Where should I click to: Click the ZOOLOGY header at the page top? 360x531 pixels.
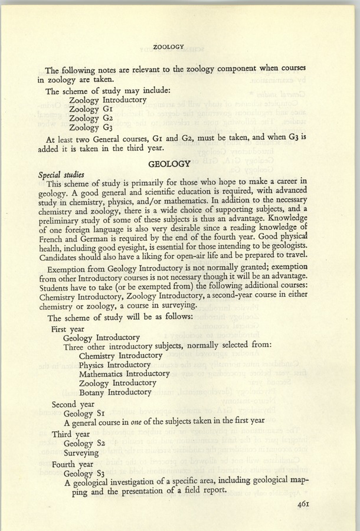[x=169, y=45]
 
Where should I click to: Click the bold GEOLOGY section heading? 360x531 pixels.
[x=169, y=163]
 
